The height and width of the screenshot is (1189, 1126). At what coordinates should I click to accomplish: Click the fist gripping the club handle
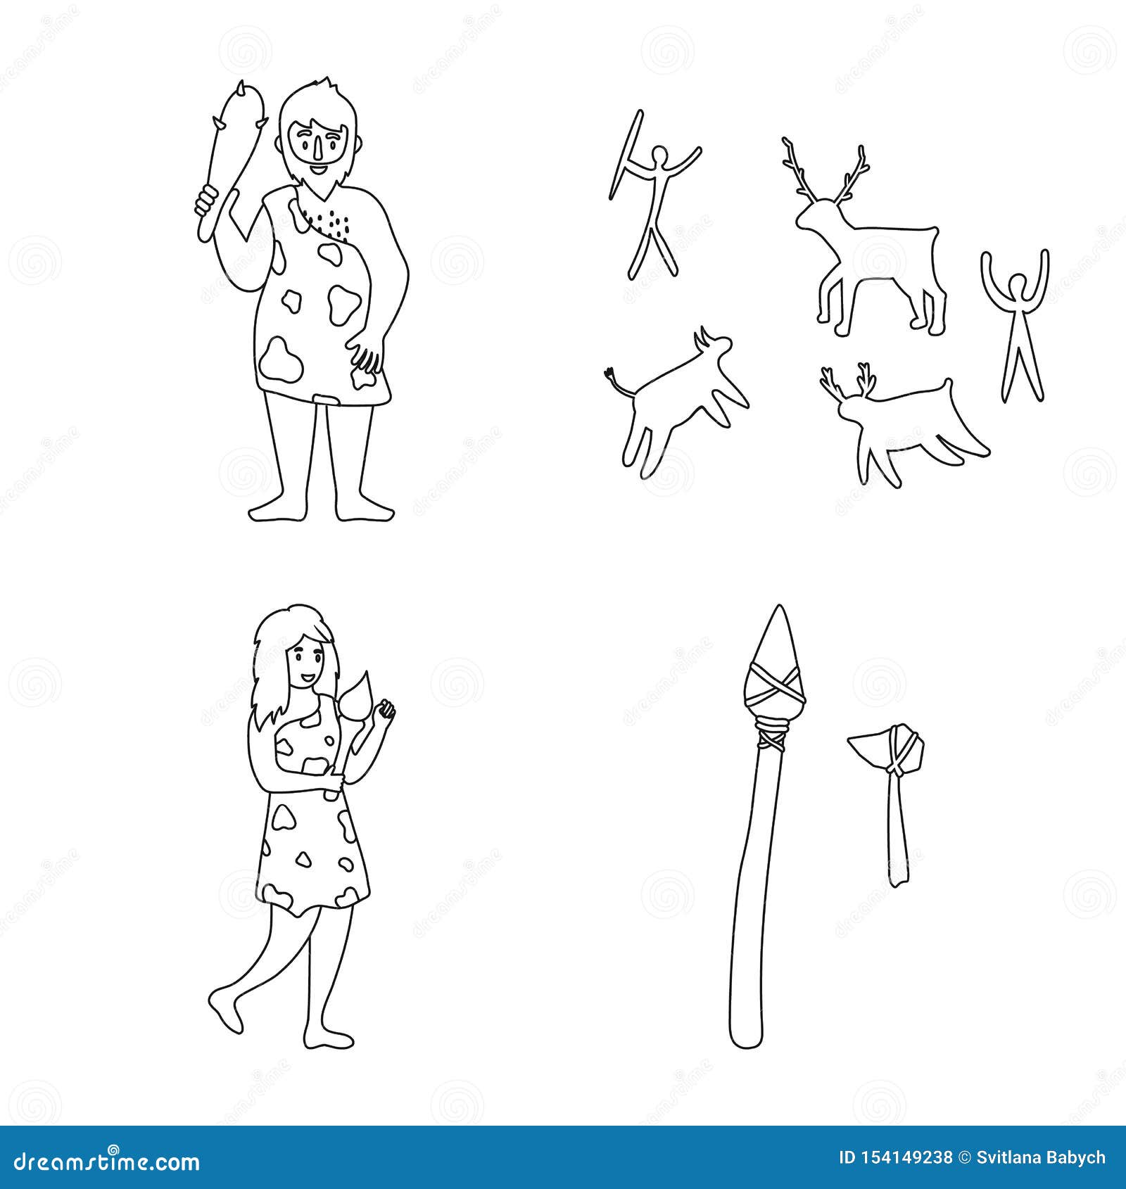(205, 200)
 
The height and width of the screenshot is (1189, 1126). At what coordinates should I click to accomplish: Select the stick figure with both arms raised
(1016, 324)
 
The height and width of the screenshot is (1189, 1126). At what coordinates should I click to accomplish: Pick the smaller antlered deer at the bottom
(901, 422)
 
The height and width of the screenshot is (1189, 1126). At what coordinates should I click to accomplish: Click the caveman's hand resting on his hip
(367, 359)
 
